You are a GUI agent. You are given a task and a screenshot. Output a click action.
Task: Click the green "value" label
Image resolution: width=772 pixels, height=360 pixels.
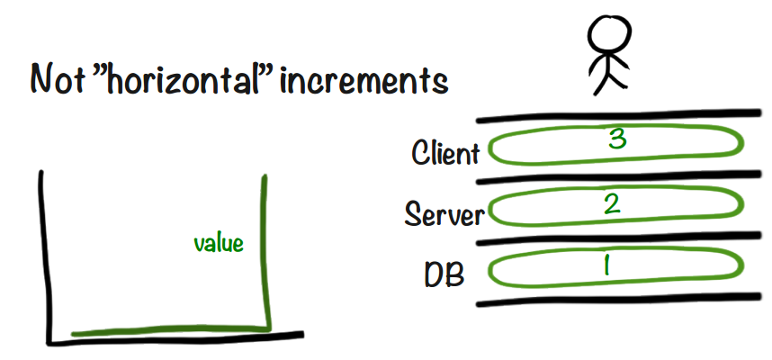click(x=219, y=242)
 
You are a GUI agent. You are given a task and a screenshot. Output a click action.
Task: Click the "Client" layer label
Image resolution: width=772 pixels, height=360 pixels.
click(x=445, y=153)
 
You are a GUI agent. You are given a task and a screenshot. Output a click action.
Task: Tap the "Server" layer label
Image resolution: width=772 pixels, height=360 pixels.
click(x=444, y=214)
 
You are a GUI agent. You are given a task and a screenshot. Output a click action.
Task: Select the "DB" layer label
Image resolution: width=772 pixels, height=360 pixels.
click(x=444, y=274)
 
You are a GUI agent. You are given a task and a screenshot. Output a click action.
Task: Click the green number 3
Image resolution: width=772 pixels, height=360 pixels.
click(x=616, y=139)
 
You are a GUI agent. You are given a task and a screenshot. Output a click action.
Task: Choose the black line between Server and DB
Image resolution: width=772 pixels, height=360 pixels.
click(x=621, y=239)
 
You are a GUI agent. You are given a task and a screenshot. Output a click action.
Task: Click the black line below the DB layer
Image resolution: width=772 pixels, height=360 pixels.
click(x=621, y=300)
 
